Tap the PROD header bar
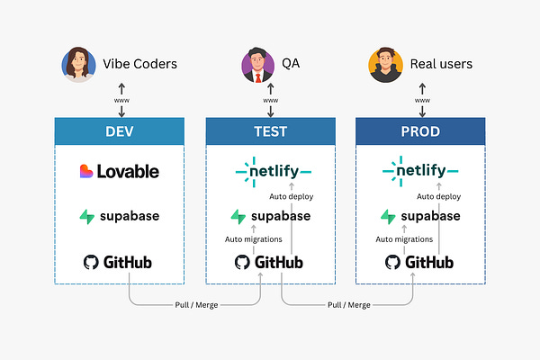click(x=420, y=131)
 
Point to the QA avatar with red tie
click(x=256, y=65)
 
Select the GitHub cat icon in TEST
click(x=242, y=263)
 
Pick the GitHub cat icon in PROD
click(x=392, y=263)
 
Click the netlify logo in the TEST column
click(x=273, y=170)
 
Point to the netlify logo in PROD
click(x=420, y=170)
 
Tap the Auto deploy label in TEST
click(x=291, y=195)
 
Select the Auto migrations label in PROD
click(x=405, y=239)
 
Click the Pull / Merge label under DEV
click(x=195, y=305)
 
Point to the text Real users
click(x=440, y=65)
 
